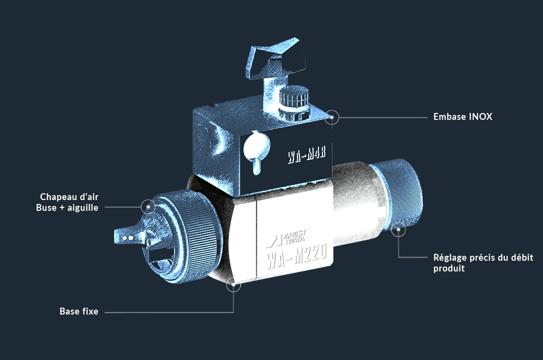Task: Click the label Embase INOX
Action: (463, 116)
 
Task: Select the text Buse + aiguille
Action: (67, 208)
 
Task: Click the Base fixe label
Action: (79, 311)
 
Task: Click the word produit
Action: (449, 269)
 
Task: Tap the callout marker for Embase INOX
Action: (332, 117)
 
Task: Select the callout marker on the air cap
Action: (148, 207)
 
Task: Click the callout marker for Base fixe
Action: (233, 285)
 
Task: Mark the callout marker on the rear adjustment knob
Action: (398, 229)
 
